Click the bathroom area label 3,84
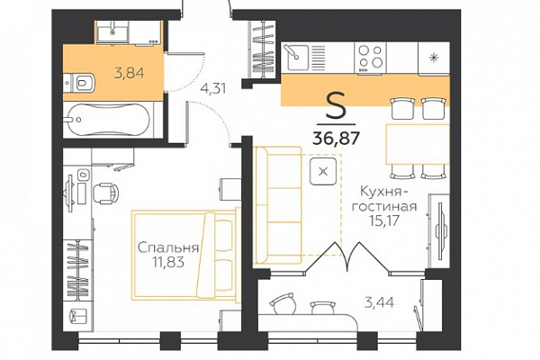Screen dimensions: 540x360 [129, 73]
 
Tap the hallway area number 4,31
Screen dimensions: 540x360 [213, 89]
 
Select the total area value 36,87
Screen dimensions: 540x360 [336, 138]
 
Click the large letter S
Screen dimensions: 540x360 [336, 105]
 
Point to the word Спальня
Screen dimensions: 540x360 [168, 247]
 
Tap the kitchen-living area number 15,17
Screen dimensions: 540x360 [383, 220]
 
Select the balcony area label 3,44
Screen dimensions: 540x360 [379, 302]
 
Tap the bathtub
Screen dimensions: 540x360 [109, 120]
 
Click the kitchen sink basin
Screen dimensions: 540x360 [296, 58]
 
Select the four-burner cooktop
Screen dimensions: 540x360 [370, 58]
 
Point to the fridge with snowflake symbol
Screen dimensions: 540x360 [434, 58]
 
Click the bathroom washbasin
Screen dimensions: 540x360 [112, 32]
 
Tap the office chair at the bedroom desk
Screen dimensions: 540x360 [105, 193]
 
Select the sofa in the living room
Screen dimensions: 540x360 [277, 205]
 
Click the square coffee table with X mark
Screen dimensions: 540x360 [323, 171]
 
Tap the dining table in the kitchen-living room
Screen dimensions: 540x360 [418, 144]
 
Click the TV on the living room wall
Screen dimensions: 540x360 [440, 230]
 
